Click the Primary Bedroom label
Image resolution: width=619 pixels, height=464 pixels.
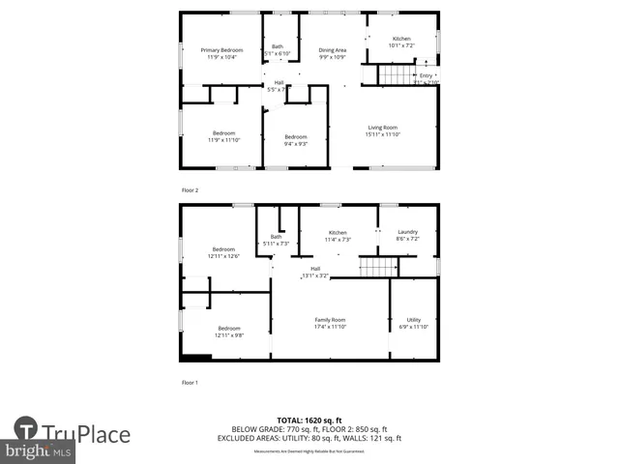point(221,50)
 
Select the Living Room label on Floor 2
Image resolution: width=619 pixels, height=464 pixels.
point(382,128)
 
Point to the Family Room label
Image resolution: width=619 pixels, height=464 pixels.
point(330,320)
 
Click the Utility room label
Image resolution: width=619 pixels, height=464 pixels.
point(413,320)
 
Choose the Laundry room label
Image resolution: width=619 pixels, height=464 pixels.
point(407,232)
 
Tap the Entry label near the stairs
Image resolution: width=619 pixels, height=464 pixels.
point(426,75)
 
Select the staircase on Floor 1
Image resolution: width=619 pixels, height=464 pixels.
point(372,268)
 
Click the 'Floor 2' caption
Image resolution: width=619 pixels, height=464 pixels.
point(190,190)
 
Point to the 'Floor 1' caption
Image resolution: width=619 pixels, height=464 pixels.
point(190,383)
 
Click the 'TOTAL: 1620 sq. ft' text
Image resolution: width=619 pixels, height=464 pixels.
point(306,420)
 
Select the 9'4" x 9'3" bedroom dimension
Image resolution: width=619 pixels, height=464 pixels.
point(295,144)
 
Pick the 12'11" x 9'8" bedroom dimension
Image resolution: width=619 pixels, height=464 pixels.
point(228,335)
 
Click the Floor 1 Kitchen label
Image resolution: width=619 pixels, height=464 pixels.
point(338,232)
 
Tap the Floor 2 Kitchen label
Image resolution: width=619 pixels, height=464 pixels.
point(401,39)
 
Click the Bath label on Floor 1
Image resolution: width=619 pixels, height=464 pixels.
point(277,237)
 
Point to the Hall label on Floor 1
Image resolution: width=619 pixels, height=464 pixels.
point(315,269)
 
